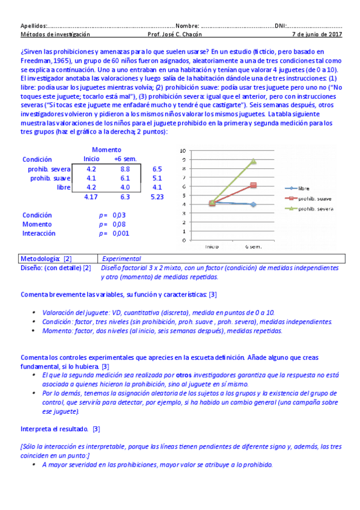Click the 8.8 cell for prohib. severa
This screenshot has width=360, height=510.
(x=125, y=170)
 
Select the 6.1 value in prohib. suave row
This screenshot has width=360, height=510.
(x=125, y=179)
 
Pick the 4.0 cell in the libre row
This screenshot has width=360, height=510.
(x=125, y=188)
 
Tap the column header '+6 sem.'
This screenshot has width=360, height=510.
(x=125, y=159)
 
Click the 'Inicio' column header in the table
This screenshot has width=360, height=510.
(x=91, y=159)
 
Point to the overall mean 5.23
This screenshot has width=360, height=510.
(x=157, y=197)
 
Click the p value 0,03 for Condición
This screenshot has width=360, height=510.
(x=118, y=215)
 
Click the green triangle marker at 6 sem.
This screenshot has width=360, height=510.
(x=254, y=161)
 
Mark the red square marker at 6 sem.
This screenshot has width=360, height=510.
(x=254, y=185)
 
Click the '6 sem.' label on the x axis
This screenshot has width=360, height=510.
(x=253, y=247)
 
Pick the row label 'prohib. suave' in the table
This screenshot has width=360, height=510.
(x=50, y=179)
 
